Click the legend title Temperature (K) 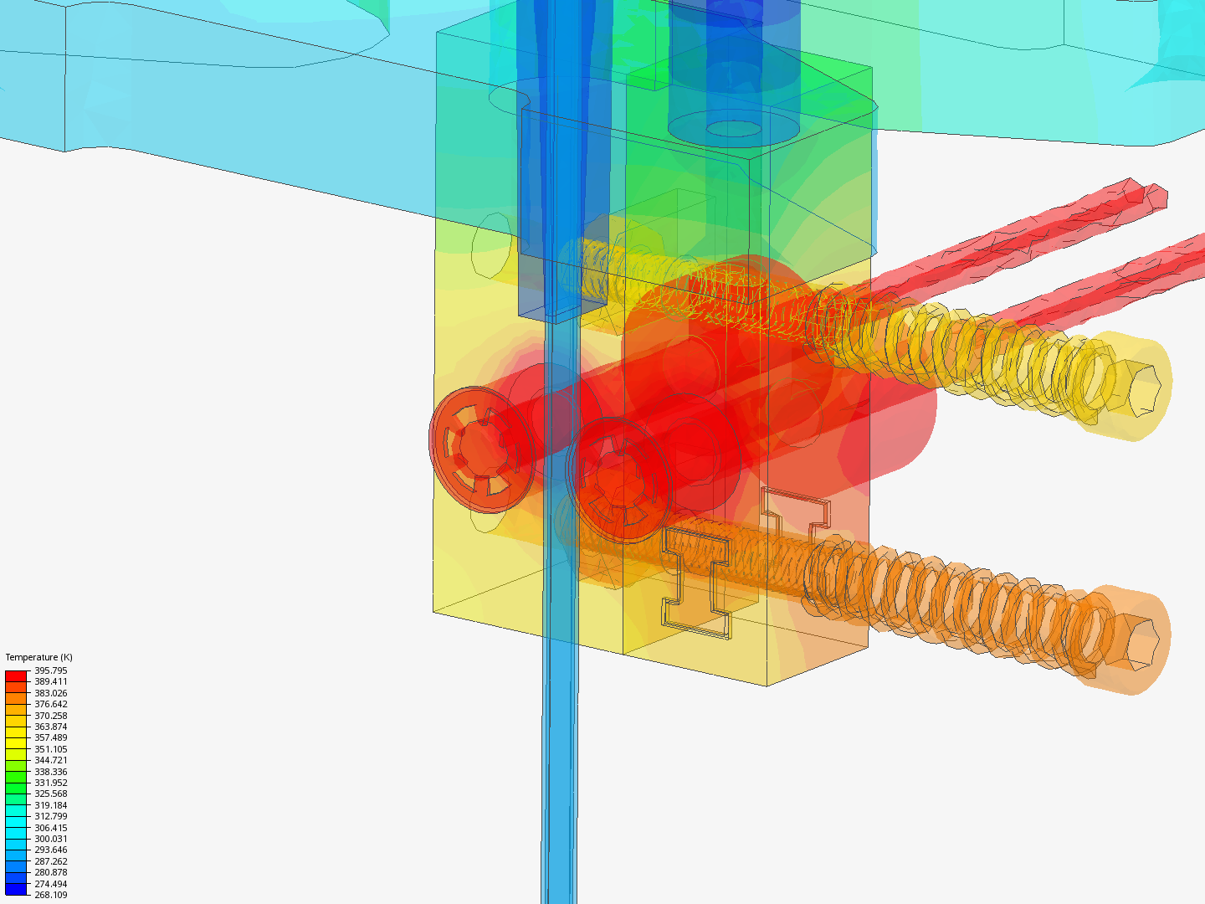click(x=39, y=657)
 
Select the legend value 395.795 click(x=50, y=670)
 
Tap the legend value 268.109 click(x=50, y=895)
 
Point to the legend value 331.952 click(x=50, y=783)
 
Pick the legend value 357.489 click(x=50, y=737)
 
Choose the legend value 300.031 click(x=50, y=839)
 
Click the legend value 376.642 click(x=50, y=704)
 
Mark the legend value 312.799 click(x=50, y=816)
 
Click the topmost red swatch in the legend click(x=16, y=676)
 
